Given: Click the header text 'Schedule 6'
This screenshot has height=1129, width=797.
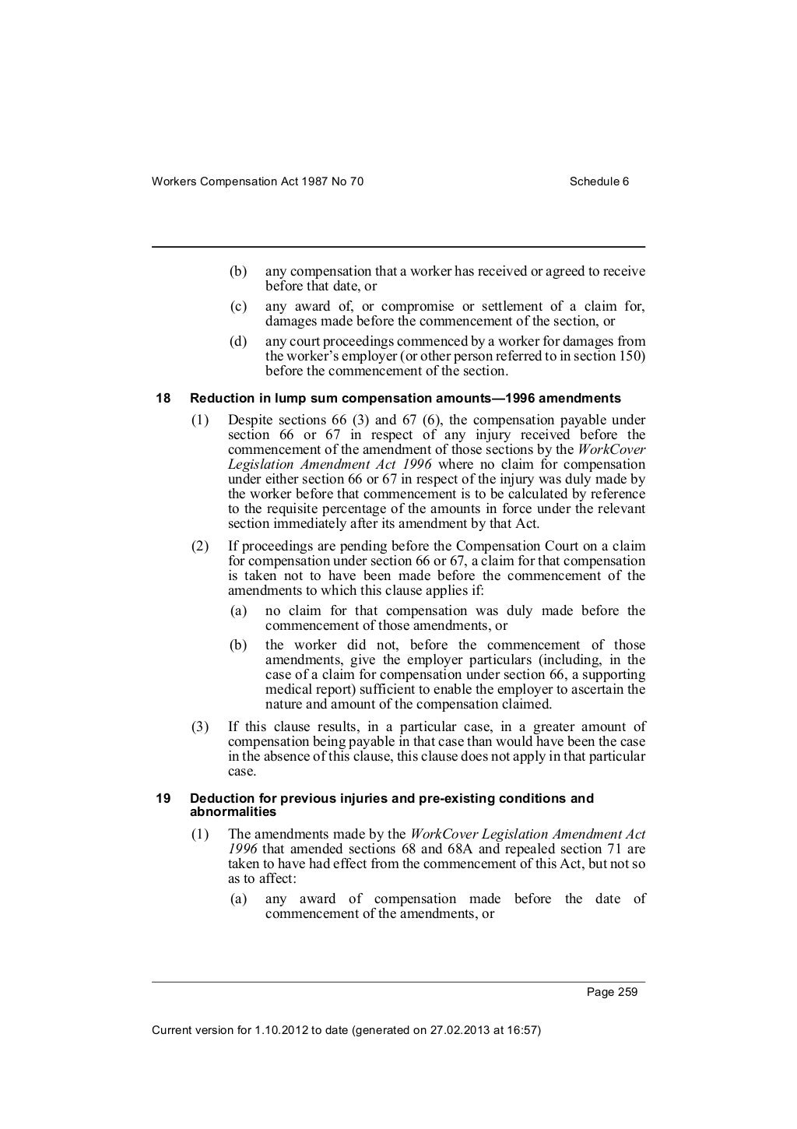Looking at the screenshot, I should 599,181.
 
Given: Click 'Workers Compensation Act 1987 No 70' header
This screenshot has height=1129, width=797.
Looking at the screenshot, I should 258,181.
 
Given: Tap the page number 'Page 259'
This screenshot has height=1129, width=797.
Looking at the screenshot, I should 613,992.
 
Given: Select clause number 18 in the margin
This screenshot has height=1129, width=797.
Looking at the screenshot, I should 163,399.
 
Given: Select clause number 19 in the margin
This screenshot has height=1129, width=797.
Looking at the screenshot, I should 163,798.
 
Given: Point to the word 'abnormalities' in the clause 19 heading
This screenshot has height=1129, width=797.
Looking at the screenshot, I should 233,812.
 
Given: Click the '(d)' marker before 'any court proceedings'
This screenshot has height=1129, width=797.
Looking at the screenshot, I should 238,342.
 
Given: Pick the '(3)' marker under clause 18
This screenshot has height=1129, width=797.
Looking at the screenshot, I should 200,727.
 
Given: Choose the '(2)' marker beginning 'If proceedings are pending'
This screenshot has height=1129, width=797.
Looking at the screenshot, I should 200,547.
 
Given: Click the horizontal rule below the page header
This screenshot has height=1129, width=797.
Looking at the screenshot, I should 398,248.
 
